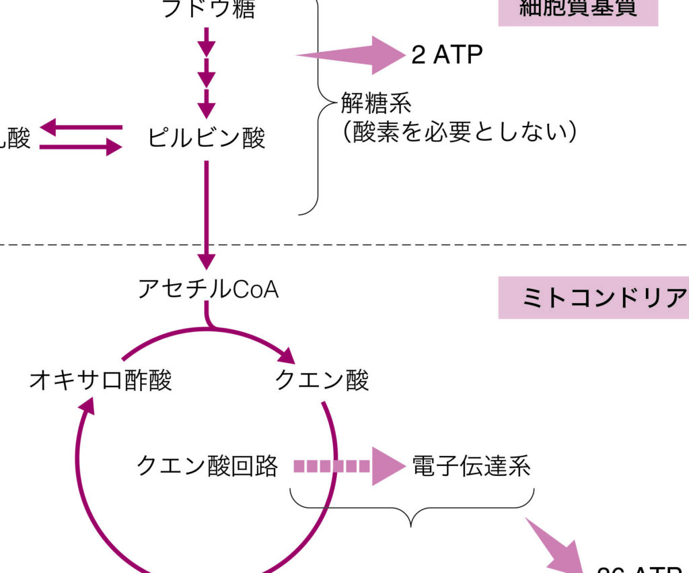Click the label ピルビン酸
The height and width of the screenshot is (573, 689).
click(x=207, y=137)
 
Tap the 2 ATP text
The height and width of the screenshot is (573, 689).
click(x=447, y=55)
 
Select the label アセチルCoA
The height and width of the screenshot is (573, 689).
click(x=208, y=289)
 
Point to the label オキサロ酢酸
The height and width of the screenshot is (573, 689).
click(x=100, y=380)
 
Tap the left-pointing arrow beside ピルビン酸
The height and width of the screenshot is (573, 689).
click(x=81, y=127)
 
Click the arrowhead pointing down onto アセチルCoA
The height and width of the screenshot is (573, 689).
click(x=207, y=261)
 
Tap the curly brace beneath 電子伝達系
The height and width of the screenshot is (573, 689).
click(x=412, y=506)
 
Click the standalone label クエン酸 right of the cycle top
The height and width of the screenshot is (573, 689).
click(x=322, y=380)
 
